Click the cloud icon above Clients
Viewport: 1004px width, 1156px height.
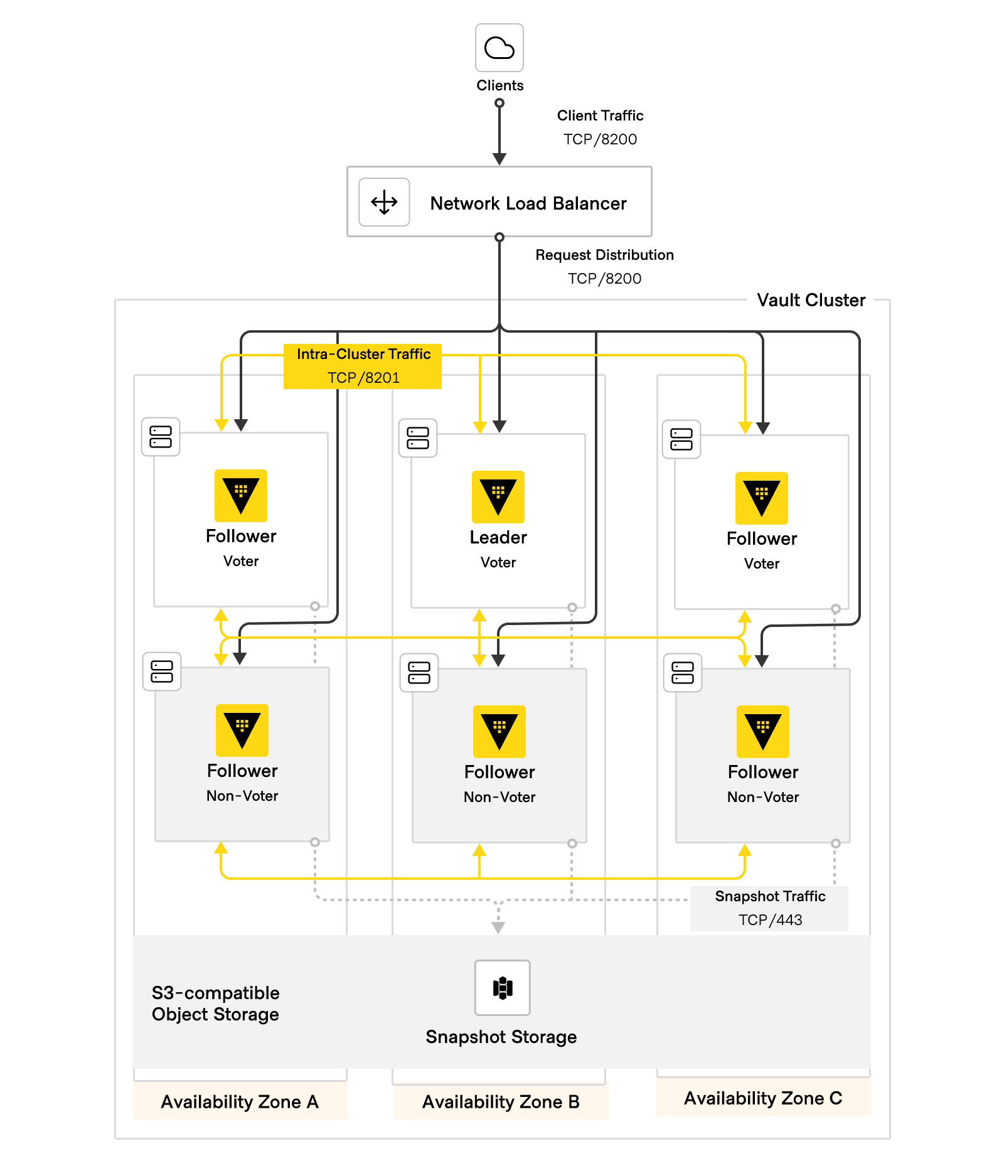499,48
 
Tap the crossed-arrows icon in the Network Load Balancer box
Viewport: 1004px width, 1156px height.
384,202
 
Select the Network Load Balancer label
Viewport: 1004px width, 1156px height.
528,203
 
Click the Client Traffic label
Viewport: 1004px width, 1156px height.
600,115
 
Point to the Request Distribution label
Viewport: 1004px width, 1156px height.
604,255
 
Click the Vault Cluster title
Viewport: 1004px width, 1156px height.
811,300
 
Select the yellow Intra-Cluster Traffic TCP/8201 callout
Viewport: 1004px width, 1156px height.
363,366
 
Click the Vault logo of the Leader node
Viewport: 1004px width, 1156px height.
498,496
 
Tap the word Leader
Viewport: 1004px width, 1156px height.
498,537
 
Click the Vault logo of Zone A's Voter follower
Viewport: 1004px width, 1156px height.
240,495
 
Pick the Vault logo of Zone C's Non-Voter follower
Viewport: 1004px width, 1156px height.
762,731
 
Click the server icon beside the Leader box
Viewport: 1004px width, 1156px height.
418,438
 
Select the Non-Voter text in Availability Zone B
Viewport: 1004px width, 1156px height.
499,797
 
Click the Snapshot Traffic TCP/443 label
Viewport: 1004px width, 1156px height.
769,907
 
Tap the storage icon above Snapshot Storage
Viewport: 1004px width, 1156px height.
502,987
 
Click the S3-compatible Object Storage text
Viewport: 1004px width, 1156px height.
215,1003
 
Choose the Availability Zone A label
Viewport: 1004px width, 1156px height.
240,1102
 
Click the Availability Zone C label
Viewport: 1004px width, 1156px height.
762,1098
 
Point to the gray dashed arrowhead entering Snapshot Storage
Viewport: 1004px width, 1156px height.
498,927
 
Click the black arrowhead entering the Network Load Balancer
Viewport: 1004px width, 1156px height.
499,159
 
